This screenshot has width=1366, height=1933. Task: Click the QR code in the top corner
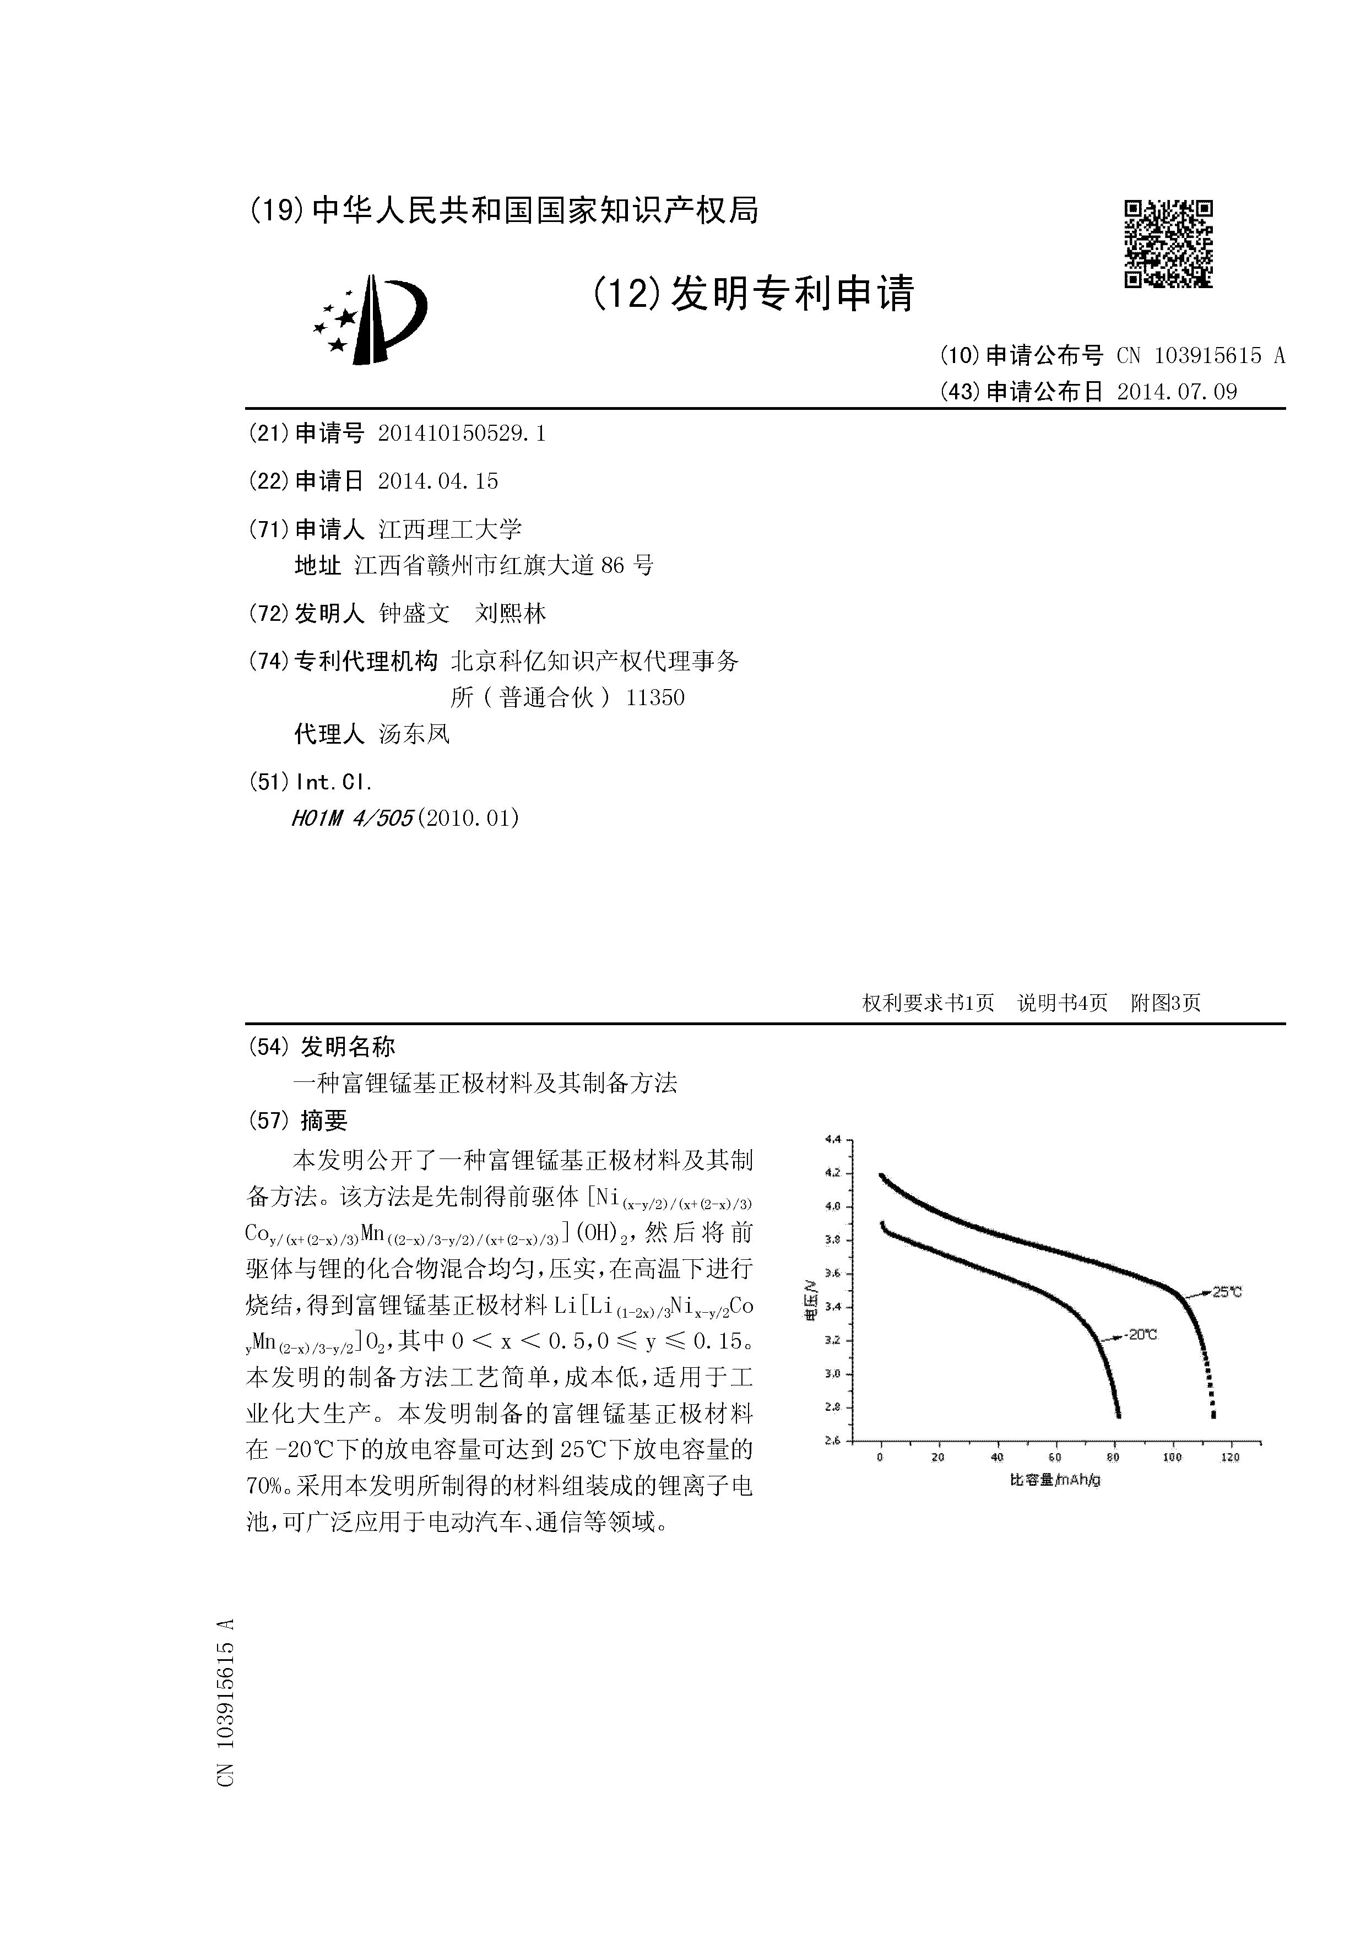coord(1168,243)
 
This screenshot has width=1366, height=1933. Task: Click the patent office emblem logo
coord(370,320)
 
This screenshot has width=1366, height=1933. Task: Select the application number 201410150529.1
coord(462,434)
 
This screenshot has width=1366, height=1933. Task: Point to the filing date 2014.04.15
coord(438,481)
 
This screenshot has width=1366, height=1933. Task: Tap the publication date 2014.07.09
coord(1177,392)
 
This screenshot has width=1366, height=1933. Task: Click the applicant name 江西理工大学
coord(450,529)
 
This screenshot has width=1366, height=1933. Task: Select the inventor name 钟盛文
coord(414,614)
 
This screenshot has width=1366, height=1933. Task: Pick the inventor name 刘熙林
coord(510,614)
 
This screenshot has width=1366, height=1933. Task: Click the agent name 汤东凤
coord(414,734)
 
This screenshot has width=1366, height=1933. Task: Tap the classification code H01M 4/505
coord(352,819)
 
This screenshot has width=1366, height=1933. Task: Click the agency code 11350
coord(655,698)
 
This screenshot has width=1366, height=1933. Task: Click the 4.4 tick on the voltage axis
coord(833,1140)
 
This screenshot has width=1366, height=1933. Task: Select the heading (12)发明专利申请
coord(754,294)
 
